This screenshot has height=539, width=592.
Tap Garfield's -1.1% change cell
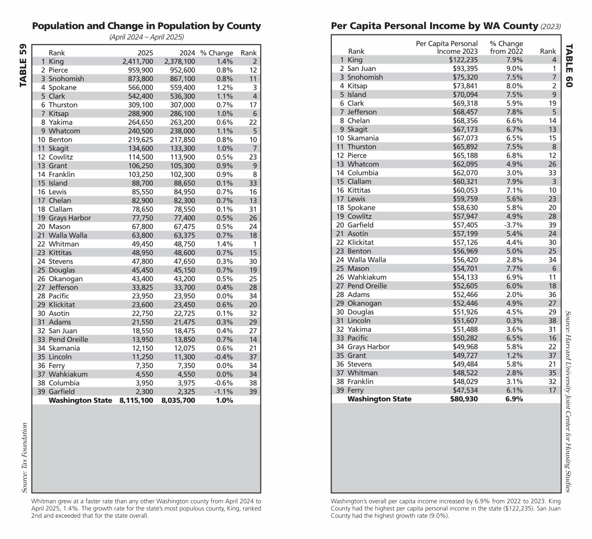(224, 392)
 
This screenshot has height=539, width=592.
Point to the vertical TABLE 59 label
(23, 67)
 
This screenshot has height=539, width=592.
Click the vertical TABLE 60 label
(569, 66)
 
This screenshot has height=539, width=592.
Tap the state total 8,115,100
(136, 401)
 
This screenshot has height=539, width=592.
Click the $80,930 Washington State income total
(464, 399)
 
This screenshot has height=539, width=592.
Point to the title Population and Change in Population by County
(146, 26)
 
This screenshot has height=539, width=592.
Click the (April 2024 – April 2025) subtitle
(147, 37)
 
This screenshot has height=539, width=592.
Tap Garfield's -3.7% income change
(513, 225)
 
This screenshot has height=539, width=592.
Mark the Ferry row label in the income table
(356, 390)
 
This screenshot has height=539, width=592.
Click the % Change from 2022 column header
(506, 47)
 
